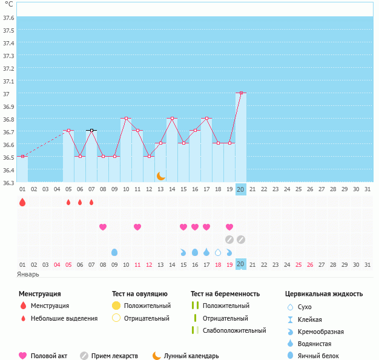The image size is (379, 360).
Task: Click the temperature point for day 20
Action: [241, 93]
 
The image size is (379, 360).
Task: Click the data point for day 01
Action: [22, 157]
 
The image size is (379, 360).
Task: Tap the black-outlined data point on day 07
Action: [91, 131]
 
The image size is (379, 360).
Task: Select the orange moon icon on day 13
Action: [160, 175]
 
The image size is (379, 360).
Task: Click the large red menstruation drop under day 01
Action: [22, 202]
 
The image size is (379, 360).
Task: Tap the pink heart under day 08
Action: [103, 227]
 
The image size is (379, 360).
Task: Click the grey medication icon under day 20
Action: [241, 240]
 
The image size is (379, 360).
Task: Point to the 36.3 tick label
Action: [8, 182]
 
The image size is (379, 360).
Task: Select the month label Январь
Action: [28, 274]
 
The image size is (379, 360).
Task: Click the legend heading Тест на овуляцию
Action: [142, 294]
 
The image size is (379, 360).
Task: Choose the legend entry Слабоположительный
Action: [234, 330]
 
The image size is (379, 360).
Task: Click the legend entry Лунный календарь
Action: [192, 356]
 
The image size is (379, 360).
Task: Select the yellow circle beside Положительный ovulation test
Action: [116, 306]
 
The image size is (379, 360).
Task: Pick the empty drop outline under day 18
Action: [218, 252]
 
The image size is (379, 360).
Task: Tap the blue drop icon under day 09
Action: [114, 252]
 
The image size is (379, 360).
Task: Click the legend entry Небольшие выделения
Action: [64, 318]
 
